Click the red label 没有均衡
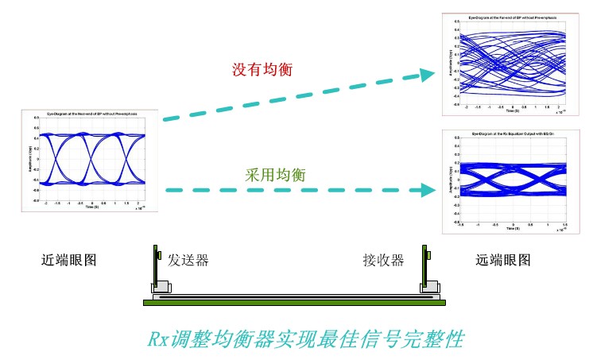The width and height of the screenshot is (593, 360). pyautogui.click(x=262, y=70)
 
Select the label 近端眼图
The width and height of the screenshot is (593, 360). pyautogui.click(x=68, y=260)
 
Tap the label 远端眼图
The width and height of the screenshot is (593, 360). pyautogui.click(x=502, y=260)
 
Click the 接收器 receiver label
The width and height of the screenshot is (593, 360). pyautogui.click(x=383, y=260)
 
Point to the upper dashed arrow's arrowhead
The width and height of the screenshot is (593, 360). pyautogui.click(x=430, y=75)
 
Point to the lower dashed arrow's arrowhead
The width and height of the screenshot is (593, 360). pyautogui.click(x=430, y=191)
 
